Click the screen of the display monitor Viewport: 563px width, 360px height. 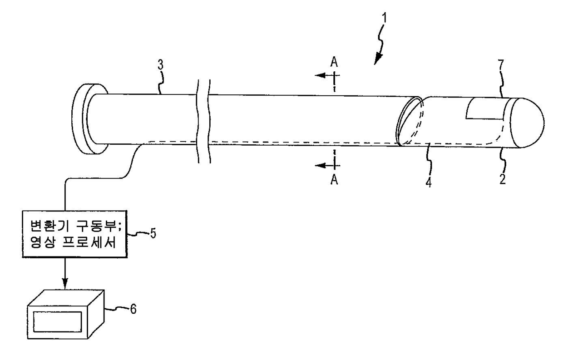pos(54,322)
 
